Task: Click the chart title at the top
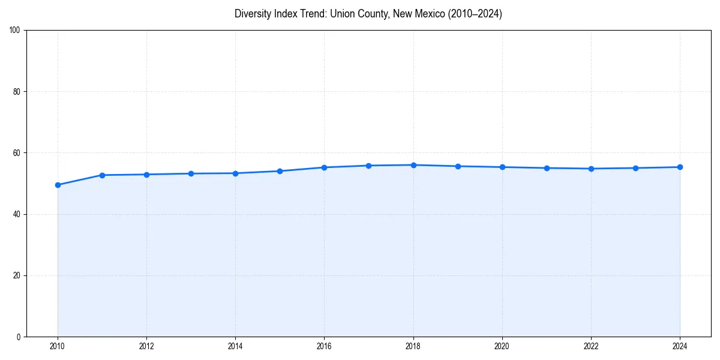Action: click(x=368, y=14)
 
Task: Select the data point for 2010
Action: click(x=58, y=185)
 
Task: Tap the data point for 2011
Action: click(x=102, y=175)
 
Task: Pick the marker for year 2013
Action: click(x=191, y=173)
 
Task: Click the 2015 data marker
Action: click(x=280, y=171)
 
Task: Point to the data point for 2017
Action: click(x=368, y=166)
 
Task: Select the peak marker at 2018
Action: click(x=413, y=165)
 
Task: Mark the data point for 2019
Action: click(x=458, y=166)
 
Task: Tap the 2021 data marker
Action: click(x=547, y=168)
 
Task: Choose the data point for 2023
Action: click(x=635, y=168)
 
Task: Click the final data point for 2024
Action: click(x=680, y=167)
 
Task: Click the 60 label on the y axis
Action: click(x=17, y=153)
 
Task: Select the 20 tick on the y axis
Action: click(x=17, y=275)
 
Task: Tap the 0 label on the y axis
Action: click(x=19, y=337)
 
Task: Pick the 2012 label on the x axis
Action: click(x=146, y=346)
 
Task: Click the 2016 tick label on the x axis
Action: click(x=324, y=346)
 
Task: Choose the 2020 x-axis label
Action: click(x=502, y=346)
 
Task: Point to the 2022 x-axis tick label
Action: click(x=591, y=346)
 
